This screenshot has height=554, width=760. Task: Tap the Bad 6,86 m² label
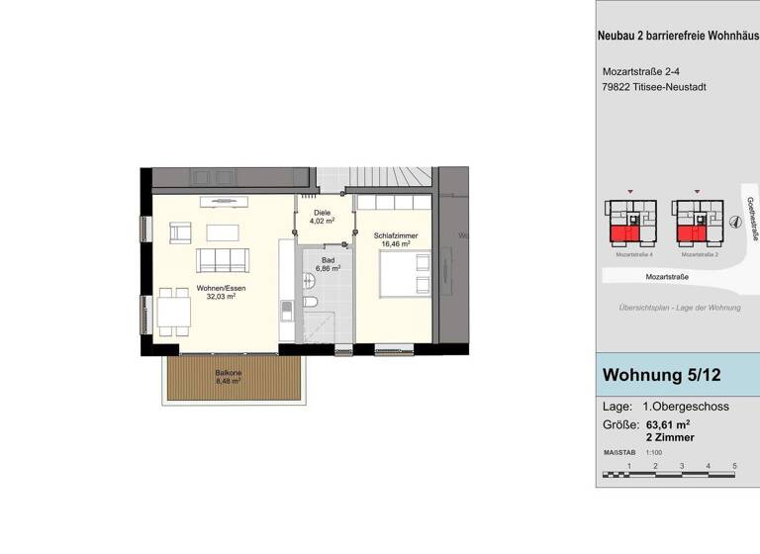click(x=328, y=263)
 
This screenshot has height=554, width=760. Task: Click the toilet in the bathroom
click(x=310, y=302)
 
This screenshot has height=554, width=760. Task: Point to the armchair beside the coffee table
click(x=179, y=233)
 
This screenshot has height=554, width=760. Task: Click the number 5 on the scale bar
click(x=734, y=465)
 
